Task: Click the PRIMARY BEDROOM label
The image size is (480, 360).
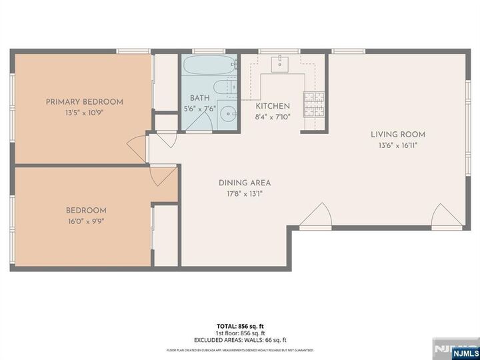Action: click(x=84, y=102)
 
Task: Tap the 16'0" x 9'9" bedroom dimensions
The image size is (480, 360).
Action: click(x=86, y=222)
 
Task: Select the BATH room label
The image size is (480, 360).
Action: click(x=200, y=97)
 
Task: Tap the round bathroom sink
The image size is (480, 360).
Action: click(x=229, y=113)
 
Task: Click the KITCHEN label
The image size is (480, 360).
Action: click(x=273, y=106)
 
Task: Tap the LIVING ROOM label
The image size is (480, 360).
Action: click(x=398, y=135)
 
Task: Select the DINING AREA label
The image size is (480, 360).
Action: click(x=244, y=183)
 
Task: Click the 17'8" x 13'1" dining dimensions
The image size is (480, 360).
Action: click(x=244, y=194)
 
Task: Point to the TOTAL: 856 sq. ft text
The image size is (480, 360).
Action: click(x=239, y=327)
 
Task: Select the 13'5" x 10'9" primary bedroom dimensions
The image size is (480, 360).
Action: click(x=84, y=113)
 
